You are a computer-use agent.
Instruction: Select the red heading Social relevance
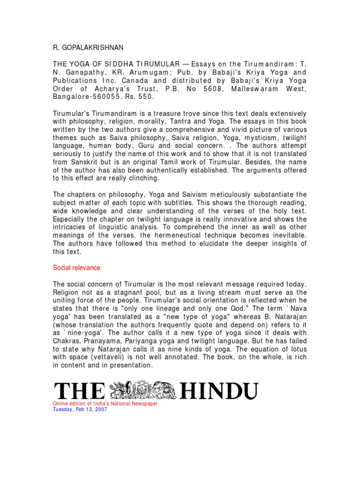click(x=76, y=268)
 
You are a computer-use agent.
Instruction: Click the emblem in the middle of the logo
click(x=142, y=391)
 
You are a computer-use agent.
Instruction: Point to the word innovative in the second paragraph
click(x=236, y=219)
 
